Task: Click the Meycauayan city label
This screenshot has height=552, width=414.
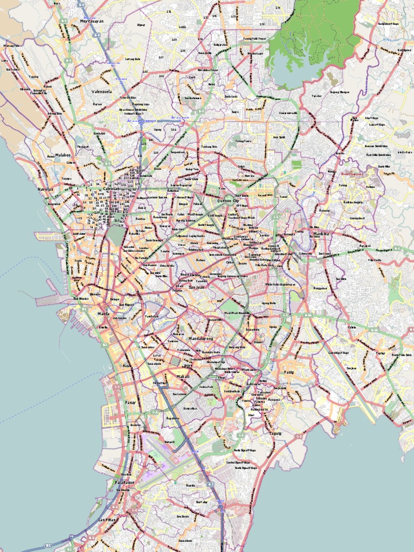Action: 92,21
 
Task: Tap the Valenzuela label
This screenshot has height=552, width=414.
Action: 101,92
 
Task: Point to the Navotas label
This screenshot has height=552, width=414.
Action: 46,190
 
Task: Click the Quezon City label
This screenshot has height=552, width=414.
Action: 227,201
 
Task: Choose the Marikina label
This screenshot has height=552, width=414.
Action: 321,234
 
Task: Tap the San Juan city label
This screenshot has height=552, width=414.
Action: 196,287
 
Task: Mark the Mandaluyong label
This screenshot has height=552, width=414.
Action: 201,339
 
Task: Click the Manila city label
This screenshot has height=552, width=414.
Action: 103,313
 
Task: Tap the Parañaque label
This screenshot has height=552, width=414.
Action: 124,482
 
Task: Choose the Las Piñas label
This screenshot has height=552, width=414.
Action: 107,520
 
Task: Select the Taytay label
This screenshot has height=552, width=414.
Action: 381,354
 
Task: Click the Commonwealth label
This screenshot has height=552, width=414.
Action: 288,113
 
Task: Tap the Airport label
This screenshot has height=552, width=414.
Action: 170,441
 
